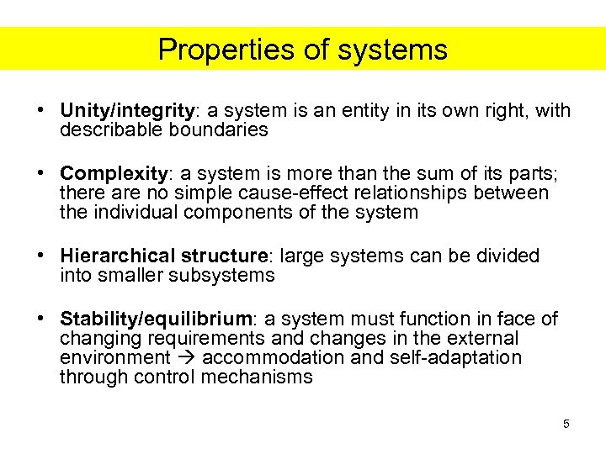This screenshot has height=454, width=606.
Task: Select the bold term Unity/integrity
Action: click(127, 111)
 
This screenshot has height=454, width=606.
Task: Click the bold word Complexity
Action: click(114, 174)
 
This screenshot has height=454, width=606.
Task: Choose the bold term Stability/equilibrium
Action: click(156, 319)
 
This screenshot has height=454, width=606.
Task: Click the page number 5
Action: click(566, 424)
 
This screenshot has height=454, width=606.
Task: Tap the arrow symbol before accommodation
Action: click(186, 358)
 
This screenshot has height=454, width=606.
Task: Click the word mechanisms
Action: click(257, 377)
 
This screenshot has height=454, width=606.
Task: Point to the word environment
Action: click(114, 358)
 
